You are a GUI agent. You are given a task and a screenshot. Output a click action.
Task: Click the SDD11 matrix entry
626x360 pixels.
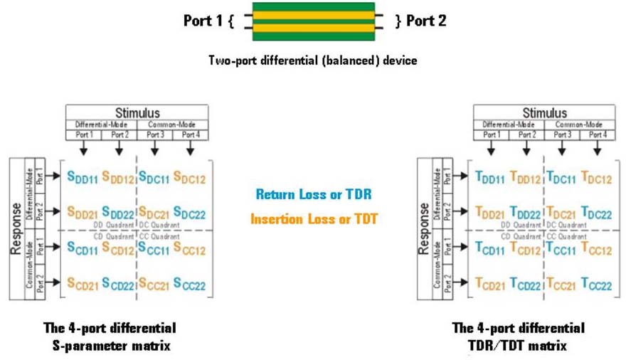coord(83,176)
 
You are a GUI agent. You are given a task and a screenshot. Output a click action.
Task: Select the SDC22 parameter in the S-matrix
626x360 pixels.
coord(189,212)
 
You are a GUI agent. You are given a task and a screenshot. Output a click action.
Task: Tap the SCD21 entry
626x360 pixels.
coord(83,284)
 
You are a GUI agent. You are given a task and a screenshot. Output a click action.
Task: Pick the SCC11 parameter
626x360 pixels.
coord(154,248)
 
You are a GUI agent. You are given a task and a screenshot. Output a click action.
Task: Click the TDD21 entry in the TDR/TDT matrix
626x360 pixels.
coord(490,212)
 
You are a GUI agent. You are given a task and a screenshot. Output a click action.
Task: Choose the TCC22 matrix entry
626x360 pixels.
coord(596,284)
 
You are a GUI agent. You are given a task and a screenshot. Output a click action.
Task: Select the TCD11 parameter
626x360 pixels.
coord(490,248)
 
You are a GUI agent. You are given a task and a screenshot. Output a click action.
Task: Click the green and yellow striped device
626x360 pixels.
coord(313,21)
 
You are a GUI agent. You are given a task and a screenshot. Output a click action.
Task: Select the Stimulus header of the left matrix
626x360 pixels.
coord(137,112)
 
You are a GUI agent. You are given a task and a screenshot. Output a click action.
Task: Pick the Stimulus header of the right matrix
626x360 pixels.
coord(544,112)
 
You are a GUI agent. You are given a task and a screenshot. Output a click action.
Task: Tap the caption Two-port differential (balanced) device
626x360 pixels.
coord(312,60)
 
